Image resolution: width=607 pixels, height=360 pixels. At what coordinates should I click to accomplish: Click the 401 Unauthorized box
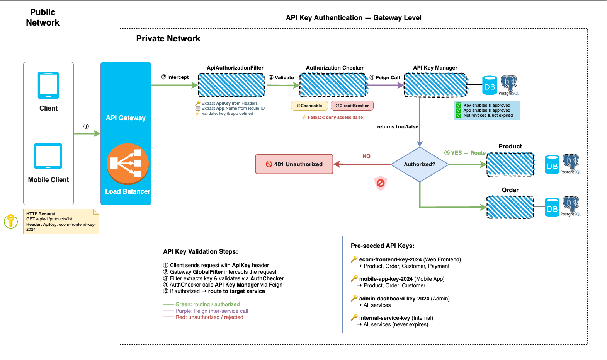pyautogui.click(x=294, y=164)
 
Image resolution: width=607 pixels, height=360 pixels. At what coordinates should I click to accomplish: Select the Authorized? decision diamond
pyautogui.click(x=420, y=164)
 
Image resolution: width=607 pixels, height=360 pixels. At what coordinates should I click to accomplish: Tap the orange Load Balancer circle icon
pyautogui.click(x=128, y=164)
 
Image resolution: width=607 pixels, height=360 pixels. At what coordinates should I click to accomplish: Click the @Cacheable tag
pyautogui.click(x=309, y=106)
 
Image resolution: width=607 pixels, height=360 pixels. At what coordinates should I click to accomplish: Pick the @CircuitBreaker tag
pyautogui.click(x=352, y=106)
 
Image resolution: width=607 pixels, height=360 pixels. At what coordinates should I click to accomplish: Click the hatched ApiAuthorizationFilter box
pyautogui.click(x=231, y=85)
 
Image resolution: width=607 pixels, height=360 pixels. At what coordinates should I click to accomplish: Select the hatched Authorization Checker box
pyautogui.click(x=333, y=85)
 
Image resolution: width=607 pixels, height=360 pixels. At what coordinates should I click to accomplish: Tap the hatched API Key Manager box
pyautogui.click(x=435, y=85)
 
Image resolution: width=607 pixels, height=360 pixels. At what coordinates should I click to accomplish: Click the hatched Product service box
pyautogui.click(x=510, y=164)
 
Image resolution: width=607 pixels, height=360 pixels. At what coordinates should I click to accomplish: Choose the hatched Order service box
pyautogui.click(x=510, y=207)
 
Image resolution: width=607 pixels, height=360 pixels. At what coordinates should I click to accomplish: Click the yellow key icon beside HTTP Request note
pyautogui.click(x=11, y=221)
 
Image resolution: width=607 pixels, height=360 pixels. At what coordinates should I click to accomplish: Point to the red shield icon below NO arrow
pyautogui.click(x=381, y=183)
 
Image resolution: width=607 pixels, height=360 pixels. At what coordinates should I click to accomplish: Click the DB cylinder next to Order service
pyautogui.click(x=552, y=207)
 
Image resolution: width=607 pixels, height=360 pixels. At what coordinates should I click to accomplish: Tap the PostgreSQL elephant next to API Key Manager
pyautogui.click(x=508, y=84)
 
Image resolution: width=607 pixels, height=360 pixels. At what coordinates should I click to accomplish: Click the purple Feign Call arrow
pyautogui.click(x=385, y=85)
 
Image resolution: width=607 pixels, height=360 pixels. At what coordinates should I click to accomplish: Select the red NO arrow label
pyautogui.click(x=366, y=156)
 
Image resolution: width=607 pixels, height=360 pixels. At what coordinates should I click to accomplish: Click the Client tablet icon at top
pyautogui.click(x=48, y=85)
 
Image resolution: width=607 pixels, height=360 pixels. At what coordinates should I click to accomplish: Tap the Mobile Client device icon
pyautogui.click(x=48, y=156)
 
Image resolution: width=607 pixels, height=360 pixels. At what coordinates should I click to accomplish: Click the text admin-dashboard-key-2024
pyautogui.click(x=394, y=299)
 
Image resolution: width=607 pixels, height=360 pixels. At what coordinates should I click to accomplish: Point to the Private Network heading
pyautogui.click(x=168, y=39)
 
